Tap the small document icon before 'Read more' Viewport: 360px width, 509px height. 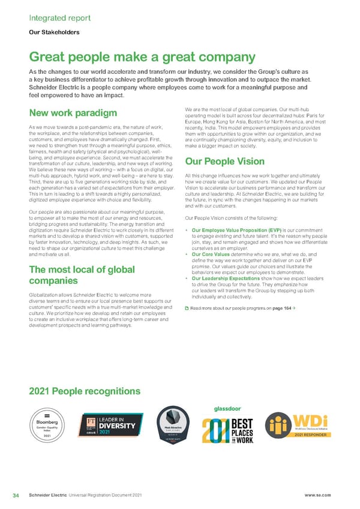click(186, 307)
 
